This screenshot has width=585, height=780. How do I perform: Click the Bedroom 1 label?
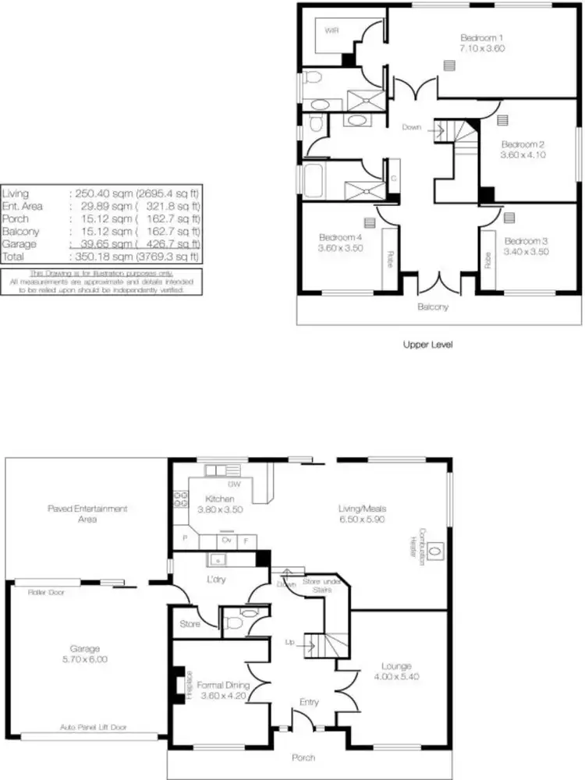point(481,37)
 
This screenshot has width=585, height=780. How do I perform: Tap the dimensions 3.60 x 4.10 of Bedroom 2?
point(523,155)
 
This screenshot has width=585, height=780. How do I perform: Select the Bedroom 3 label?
point(526,241)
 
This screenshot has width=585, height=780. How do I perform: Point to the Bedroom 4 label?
point(340,237)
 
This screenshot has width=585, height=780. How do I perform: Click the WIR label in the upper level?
point(332,31)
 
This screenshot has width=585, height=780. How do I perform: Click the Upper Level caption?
point(427,344)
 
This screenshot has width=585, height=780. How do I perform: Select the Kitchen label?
point(222,498)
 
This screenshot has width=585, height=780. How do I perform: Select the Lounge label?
point(396,666)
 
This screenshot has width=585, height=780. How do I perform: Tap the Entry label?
point(309,703)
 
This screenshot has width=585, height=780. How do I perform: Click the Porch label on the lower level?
point(304,757)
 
